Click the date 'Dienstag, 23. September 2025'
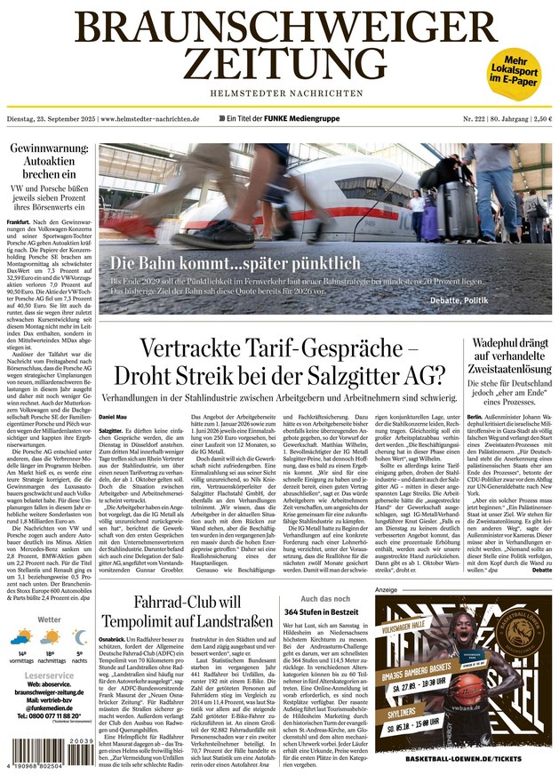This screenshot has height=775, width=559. (52, 118)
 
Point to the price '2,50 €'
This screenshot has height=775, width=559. (536, 118)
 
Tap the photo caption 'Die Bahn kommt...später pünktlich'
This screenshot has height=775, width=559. (236, 263)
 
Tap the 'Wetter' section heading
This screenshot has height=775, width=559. (49, 619)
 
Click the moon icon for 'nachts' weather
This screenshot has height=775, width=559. (79, 638)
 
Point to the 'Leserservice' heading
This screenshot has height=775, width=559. (49, 675)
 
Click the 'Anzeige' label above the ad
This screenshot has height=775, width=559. (386, 589)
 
